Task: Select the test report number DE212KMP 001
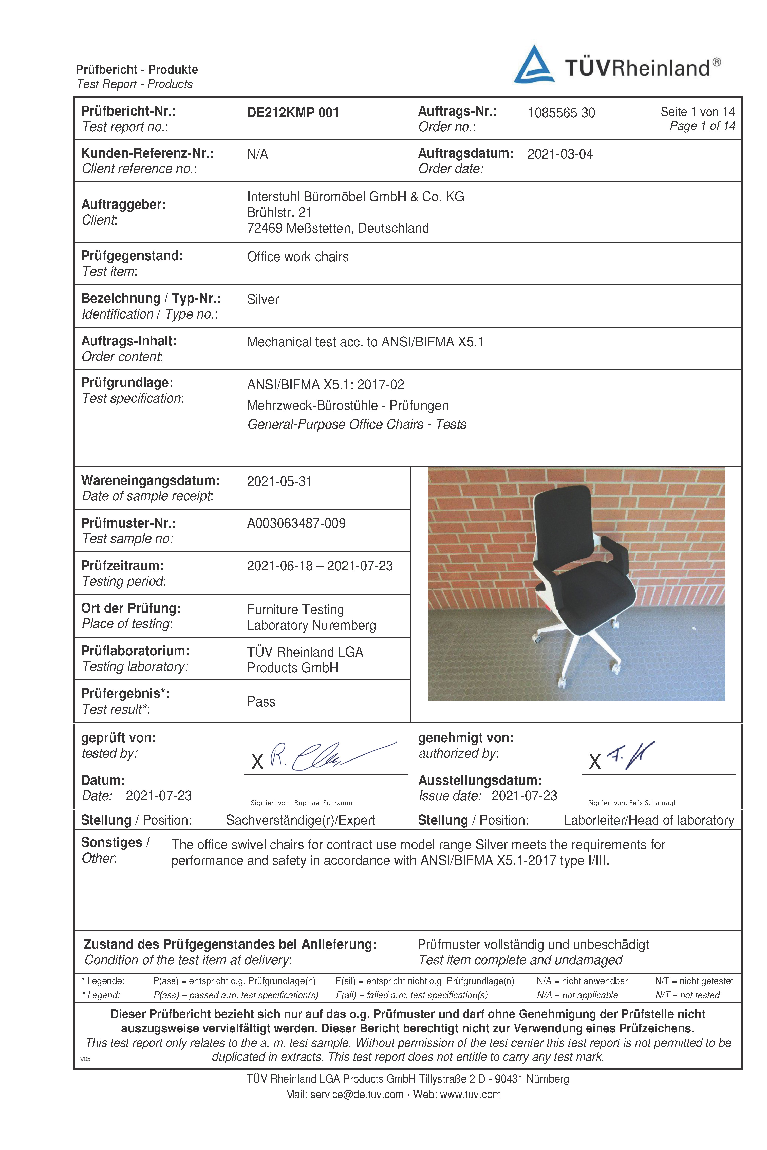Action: point(292,113)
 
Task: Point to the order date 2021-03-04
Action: point(559,154)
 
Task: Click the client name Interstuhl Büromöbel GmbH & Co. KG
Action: point(355,197)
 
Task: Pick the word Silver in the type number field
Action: point(263,299)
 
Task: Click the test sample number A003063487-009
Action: point(296,523)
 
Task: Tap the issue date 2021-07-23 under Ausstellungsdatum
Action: point(524,796)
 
